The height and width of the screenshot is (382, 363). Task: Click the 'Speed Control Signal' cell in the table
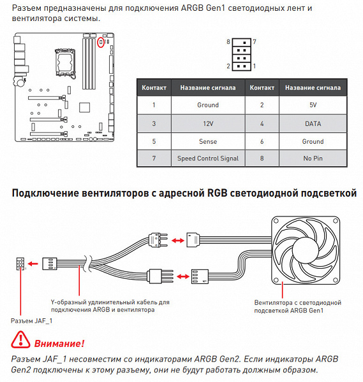pyautogui.click(x=208, y=159)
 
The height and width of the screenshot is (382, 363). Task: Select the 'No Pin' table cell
pyautogui.click(x=313, y=159)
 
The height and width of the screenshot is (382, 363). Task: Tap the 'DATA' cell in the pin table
pyautogui.click(x=313, y=124)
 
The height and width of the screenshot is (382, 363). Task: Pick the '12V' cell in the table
pyautogui.click(x=208, y=124)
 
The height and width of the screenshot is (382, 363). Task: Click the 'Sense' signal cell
pyautogui.click(x=208, y=141)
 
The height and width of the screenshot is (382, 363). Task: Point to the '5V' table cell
pyautogui.click(x=313, y=105)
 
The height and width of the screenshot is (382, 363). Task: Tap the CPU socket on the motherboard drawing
pyautogui.click(x=65, y=62)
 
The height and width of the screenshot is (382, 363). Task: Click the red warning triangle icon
pyautogui.click(x=20, y=339)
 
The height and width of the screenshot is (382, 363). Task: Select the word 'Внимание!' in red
pyautogui.click(x=59, y=344)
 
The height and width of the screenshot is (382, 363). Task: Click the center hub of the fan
pyautogui.click(x=306, y=250)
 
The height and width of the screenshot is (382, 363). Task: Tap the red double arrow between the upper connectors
pyautogui.click(x=178, y=241)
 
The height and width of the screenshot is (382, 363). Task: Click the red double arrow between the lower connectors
pyautogui.click(x=183, y=276)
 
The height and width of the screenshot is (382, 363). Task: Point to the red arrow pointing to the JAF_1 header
pyautogui.click(x=33, y=264)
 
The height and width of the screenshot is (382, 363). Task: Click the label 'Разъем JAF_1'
pyautogui.click(x=31, y=321)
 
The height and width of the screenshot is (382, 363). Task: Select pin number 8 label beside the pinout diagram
pyautogui.click(x=228, y=41)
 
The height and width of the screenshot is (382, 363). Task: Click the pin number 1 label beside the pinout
pyautogui.click(x=255, y=66)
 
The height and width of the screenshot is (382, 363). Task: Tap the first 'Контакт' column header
pyautogui.click(x=154, y=88)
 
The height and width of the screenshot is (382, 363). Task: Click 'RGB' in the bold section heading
pyautogui.click(x=217, y=193)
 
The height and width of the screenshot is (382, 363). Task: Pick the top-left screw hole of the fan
pyautogui.click(x=276, y=221)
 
